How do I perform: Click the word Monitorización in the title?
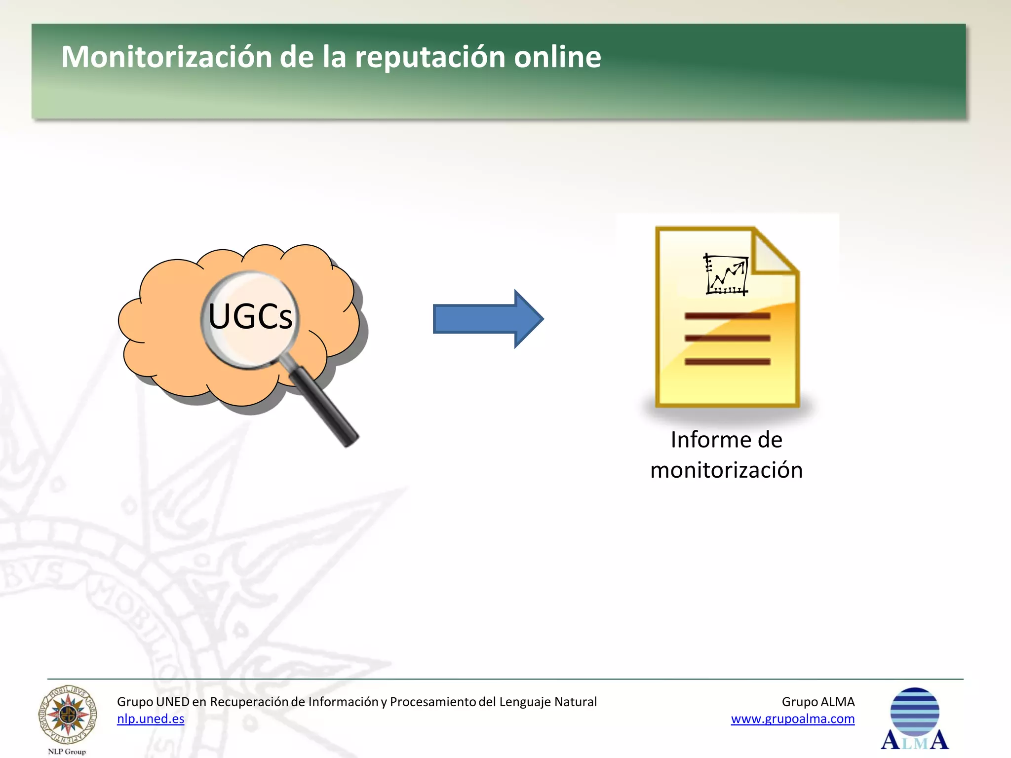point(167,57)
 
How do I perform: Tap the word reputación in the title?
point(430,58)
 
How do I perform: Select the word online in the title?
point(557,57)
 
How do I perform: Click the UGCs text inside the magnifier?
point(250,316)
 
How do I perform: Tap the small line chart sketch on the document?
point(726,274)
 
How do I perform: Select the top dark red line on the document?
point(727,316)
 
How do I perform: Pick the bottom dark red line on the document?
point(727,362)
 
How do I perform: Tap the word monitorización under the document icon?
point(726,470)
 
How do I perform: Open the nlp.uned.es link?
point(151,719)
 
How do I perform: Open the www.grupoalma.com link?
point(792,719)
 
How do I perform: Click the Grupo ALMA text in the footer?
point(818,702)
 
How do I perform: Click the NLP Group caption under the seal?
point(67,752)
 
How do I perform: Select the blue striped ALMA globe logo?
point(915,712)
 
